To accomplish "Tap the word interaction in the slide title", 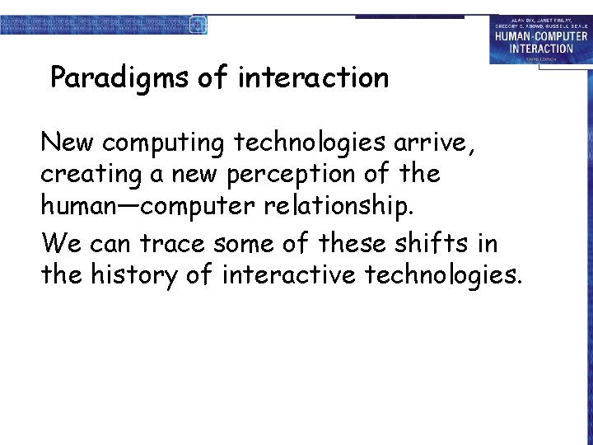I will (313, 78).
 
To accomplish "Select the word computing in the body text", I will (163, 143).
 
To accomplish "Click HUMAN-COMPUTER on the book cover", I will (541, 36).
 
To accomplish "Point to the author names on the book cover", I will (541, 22).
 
